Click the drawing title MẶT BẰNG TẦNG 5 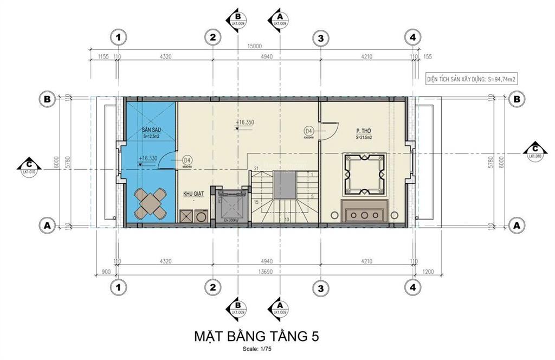tap(256, 336)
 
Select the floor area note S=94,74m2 tap(470, 79)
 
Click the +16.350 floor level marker tap(245, 123)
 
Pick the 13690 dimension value tap(265, 271)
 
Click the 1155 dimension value tap(104, 56)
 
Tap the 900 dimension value tap(106, 271)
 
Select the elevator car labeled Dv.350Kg tap(231, 205)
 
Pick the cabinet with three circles tap(364, 211)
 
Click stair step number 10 tap(286, 219)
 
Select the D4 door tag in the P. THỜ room tap(309, 131)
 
